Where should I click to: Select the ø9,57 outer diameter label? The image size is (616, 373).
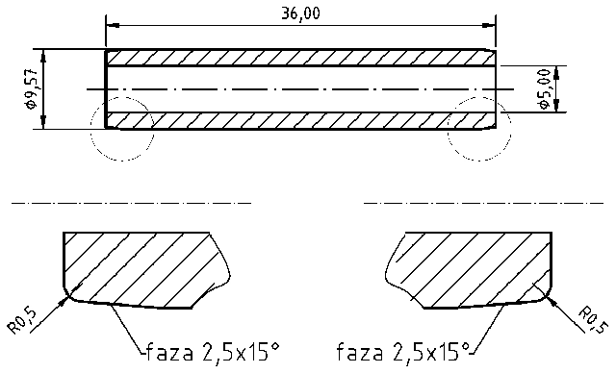[x=33, y=89]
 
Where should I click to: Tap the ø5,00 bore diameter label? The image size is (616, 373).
[x=545, y=89]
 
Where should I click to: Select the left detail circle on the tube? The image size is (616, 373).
[x=121, y=128]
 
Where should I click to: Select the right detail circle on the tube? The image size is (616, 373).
[x=479, y=128]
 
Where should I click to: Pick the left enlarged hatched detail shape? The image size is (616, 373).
[x=135, y=269]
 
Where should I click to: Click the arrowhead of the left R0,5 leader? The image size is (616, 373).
[x=65, y=299]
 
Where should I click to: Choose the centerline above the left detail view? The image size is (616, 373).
[x=130, y=203]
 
